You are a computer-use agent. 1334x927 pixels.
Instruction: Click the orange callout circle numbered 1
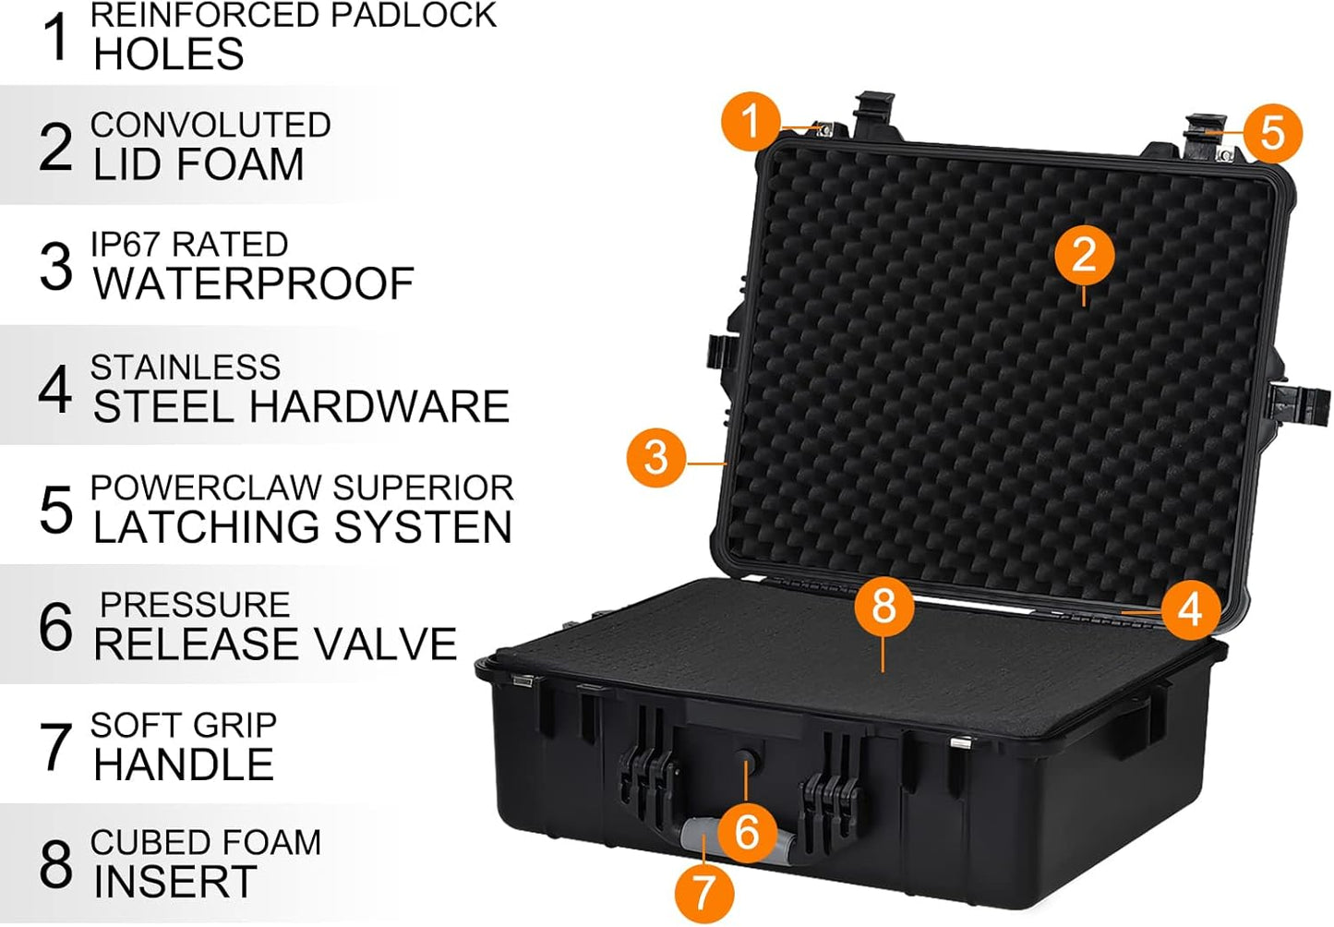pyautogui.click(x=751, y=121)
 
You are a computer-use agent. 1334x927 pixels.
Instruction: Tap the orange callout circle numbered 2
pyautogui.click(x=1085, y=256)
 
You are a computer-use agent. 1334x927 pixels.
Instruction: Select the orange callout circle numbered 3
pyautogui.click(x=655, y=457)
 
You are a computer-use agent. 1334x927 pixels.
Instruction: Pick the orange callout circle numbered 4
pyautogui.click(x=1190, y=609)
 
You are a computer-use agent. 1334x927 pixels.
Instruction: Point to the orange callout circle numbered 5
pyautogui.click(x=1272, y=133)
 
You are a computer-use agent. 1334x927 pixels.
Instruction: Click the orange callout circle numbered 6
pyautogui.click(x=746, y=832)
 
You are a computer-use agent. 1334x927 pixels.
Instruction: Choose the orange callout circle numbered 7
pyautogui.click(x=703, y=892)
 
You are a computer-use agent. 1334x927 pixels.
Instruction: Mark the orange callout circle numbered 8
pyautogui.click(x=883, y=606)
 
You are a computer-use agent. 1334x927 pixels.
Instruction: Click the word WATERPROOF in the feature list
pyautogui.click(x=254, y=283)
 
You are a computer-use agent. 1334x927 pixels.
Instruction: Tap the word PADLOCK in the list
pyautogui.click(x=409, y=16)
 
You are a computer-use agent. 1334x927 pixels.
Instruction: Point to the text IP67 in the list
pyautogui.click(x=126, y=245)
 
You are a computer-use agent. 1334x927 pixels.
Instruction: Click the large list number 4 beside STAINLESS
pyautogui.click(x=55, y=390)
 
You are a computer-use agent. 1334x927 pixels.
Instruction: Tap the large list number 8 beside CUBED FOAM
pyautogui.click(x=55, y=864)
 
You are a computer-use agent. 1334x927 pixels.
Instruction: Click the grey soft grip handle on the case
pyautogui.click(x=702, y=837)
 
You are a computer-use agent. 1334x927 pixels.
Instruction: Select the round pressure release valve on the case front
pyautogui.click(x=746, y=761)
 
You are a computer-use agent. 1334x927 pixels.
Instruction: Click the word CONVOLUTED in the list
pyautogui.click(x=210, y=125)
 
